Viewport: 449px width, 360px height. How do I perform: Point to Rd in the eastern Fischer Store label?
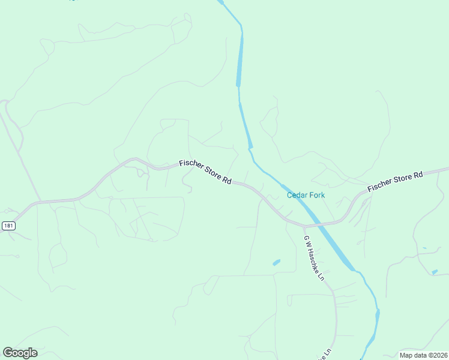coord(418,174)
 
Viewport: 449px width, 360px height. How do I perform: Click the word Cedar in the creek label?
coord(297,195)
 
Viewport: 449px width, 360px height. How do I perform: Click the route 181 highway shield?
coord(8,226)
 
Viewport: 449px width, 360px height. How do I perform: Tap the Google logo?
coord(20,353)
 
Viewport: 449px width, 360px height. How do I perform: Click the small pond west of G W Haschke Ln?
coord(276,262)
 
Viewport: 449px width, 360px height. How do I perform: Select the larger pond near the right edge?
coord(435,272)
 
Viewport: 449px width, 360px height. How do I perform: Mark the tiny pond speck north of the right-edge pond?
coord(424,248)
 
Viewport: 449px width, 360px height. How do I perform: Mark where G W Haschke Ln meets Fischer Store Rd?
coord(304,227)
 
